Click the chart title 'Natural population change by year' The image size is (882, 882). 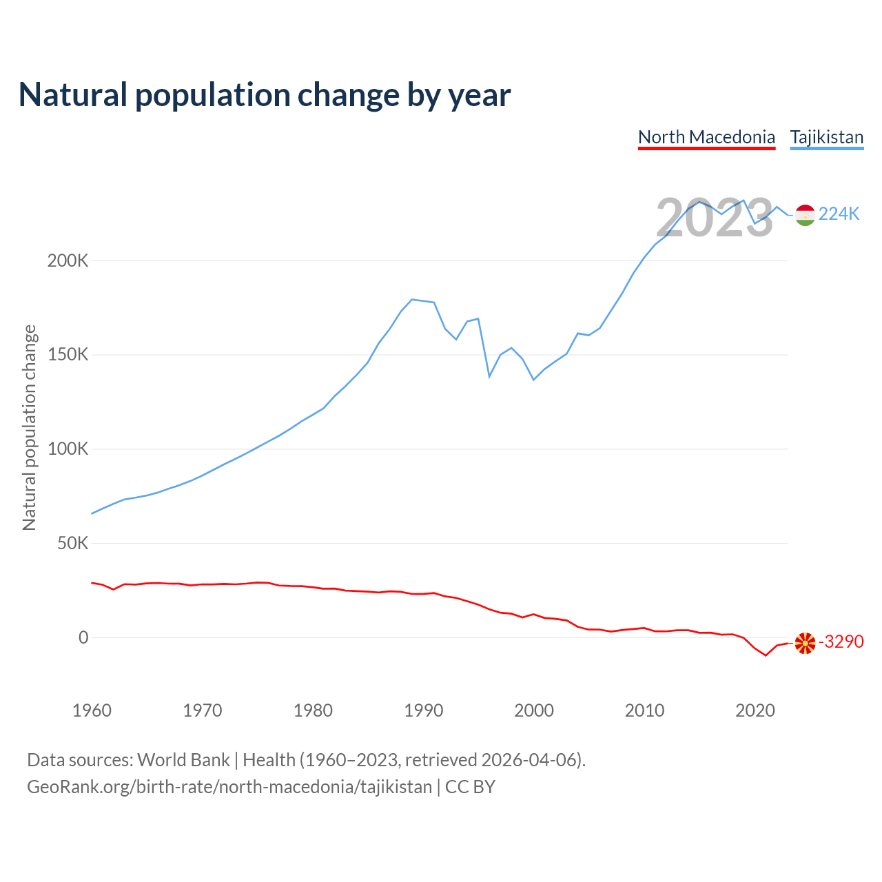(x=265, y=95)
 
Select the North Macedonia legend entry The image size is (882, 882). (x=706, y=137)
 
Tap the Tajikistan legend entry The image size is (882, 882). (x=826, y=137)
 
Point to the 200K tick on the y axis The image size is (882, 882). (x=68, y=261)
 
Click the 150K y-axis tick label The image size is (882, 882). (x=68, y=355)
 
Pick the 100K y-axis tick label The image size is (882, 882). (x=68, y=449)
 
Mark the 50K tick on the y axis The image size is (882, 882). (x=72, y=544)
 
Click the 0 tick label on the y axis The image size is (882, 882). (x=83, y=637)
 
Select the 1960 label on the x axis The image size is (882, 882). (x=92, y=710)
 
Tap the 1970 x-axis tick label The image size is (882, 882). (x=203, y=710)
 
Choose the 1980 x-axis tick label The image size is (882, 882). (x=313, y=710)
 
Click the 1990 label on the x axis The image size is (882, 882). (x=424, y=710)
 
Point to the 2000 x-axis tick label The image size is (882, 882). (x=534, y=710)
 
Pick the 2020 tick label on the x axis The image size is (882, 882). (x=755, y=710)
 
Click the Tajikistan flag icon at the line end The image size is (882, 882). (x=805, y=215)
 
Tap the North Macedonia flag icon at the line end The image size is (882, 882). (x=805, y=643)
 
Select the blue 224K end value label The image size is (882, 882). (x=839, y=214)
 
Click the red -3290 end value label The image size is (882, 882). (x=841, y=642)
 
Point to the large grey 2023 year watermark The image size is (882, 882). (x=715, y=218)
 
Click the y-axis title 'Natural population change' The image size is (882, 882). (x=30, y=428)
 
